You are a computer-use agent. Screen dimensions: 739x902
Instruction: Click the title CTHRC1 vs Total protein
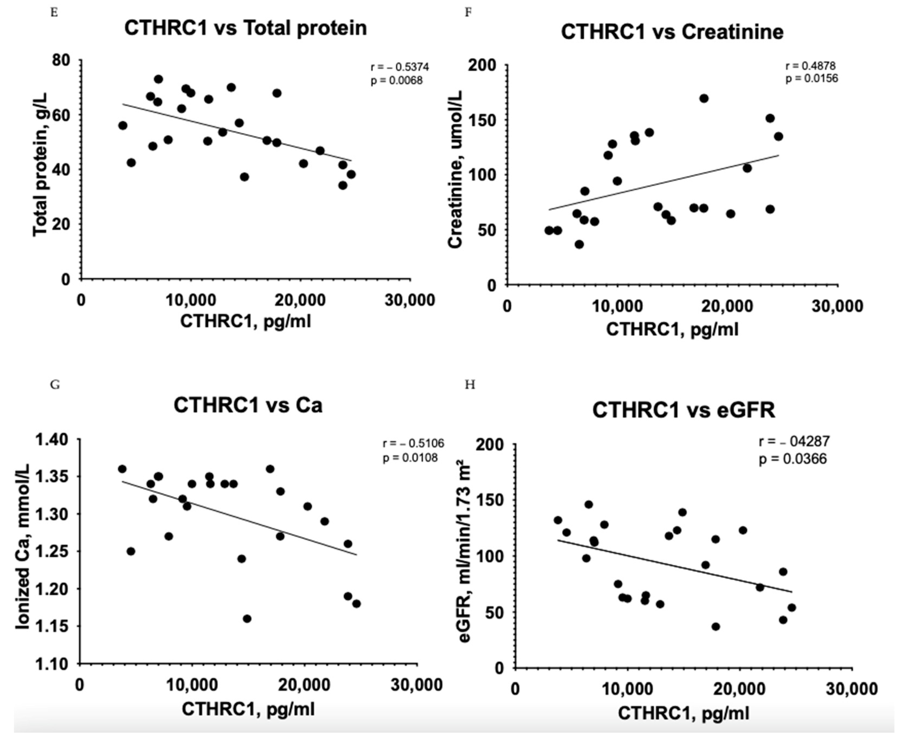245,28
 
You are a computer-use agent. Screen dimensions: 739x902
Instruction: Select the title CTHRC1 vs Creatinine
672,32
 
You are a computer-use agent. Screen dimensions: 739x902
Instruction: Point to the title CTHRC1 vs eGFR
684,410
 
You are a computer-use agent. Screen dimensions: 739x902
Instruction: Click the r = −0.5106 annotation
413,443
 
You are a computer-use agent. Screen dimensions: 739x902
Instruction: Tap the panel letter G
54,385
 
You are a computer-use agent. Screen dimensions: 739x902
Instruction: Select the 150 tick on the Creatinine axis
482,121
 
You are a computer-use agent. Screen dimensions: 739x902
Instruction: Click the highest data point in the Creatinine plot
704,98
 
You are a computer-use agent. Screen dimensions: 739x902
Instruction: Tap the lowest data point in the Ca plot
247,618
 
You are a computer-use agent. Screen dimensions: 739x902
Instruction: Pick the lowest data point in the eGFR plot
716,627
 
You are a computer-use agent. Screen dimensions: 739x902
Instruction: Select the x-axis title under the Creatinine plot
672,329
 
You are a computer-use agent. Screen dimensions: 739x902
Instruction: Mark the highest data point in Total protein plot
159,79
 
